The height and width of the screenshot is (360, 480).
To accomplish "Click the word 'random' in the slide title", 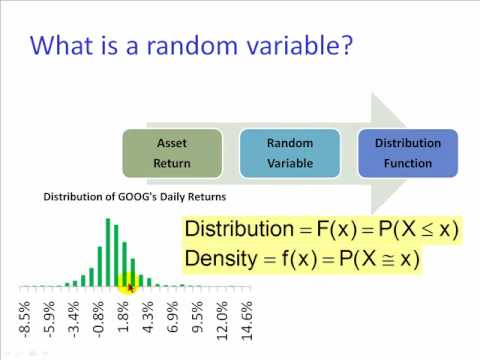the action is tap(192, 45).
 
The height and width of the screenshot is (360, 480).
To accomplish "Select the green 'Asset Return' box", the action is tap(172, 153).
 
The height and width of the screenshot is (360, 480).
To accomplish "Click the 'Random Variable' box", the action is tap(290, 153).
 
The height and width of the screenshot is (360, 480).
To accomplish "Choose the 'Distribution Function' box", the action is tap(408, 153).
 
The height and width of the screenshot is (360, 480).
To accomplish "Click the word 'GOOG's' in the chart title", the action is tap(137, 197).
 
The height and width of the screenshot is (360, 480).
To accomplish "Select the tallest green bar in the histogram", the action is tap(108, 252).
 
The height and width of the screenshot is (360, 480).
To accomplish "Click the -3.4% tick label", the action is tap(74, 318).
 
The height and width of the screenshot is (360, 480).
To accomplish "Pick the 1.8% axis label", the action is tap(123, 317).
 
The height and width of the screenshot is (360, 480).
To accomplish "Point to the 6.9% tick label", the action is tap(172, 317).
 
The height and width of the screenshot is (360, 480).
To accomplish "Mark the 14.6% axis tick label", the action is tap(246, 321).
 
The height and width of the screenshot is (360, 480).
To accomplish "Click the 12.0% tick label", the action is tap(222, 321).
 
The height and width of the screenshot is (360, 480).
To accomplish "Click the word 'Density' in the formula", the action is tap(221, 259).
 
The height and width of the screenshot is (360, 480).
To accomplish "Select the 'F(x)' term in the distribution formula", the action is tap(337, 229).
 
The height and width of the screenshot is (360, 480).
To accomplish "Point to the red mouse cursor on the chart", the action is tap(130, 288).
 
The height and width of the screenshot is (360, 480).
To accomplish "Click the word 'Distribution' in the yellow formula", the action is tap(239, 229).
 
